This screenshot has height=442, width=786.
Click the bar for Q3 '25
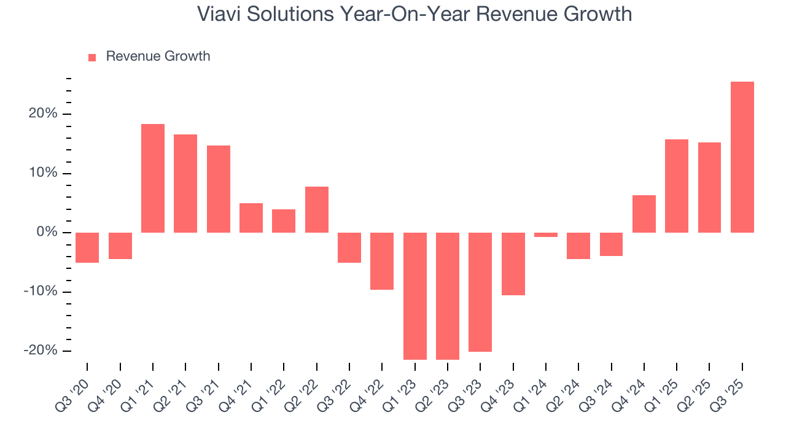[742, 157]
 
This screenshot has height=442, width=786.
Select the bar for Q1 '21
[153, 178]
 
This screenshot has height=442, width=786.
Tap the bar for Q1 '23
[414, 296]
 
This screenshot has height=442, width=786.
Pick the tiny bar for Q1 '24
[546, 235]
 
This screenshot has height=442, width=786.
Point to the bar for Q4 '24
[644, 214]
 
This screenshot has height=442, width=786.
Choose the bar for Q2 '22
[317, 209]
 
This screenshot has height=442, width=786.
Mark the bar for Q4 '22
[382, 261]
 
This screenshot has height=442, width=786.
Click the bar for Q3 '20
[87, 247]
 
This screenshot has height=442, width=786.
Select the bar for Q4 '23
[513, 264]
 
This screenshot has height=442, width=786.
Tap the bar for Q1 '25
[677, 186]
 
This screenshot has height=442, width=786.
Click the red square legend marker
[92, 57]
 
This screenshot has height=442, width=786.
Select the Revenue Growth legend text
[158, 56]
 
